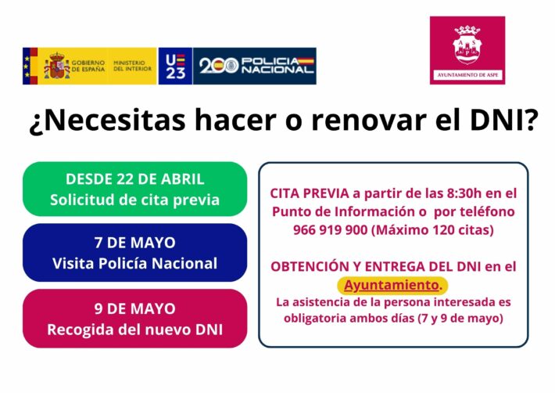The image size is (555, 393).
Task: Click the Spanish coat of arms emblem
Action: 56,66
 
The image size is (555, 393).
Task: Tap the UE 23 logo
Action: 176,66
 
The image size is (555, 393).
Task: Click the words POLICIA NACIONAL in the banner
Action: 277,66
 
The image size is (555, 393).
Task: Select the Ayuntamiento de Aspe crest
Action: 467,45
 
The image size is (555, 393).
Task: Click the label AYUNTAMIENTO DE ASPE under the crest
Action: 467,75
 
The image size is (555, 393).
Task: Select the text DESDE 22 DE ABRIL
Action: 135,179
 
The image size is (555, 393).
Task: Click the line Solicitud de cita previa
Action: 135,200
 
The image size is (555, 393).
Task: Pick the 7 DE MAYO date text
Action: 135,243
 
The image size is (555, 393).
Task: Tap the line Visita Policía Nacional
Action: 135,263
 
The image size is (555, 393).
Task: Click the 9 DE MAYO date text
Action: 135,308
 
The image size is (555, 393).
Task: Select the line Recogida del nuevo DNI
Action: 135,330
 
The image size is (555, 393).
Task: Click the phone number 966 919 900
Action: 330,230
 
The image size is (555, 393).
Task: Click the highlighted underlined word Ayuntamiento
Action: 392,285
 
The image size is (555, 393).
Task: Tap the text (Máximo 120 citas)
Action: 432,230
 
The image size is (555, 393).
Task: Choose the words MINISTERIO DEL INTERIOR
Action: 132,66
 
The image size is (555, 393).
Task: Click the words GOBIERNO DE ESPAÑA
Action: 88,66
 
